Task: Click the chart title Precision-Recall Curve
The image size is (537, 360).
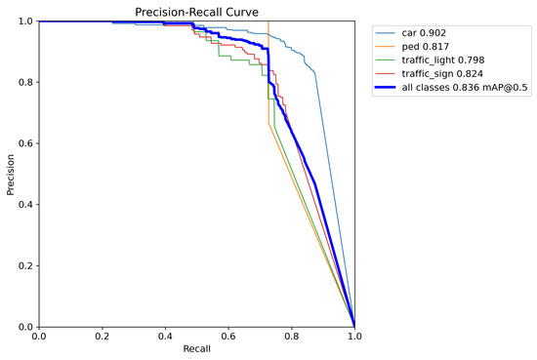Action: [x=196, y=12]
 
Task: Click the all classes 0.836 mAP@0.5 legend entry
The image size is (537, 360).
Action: [x=463, y=88]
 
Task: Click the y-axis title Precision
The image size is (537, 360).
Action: [x=11, y=174]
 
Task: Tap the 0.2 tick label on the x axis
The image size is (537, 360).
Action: [x=102, y=337]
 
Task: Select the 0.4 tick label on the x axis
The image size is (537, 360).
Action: [x=165, y=337]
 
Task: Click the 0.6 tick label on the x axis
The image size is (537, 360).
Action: [x=228, y=337]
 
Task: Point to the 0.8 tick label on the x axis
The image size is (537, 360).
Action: [x=291, y=337]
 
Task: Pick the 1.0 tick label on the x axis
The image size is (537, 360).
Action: [x=354, y=337]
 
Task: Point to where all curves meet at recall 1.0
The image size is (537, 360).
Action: [x=354, y=326]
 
